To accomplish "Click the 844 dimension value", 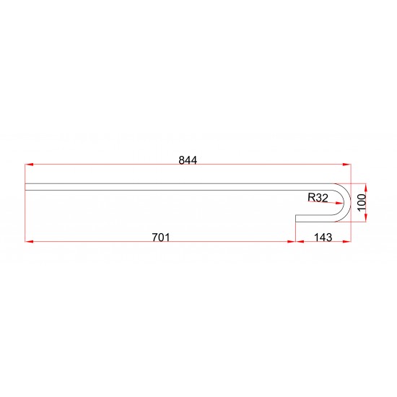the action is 188,160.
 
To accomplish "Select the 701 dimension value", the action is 161,237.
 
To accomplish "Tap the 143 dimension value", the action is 323,237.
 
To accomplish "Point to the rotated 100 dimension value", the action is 362,202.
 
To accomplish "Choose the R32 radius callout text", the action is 318,198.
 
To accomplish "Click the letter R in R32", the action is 311,198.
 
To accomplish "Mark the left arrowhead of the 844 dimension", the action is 29,165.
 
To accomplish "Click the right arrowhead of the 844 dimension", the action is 346,165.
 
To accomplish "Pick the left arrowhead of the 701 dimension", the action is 29,242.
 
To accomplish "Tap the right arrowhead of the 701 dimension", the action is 292,242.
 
